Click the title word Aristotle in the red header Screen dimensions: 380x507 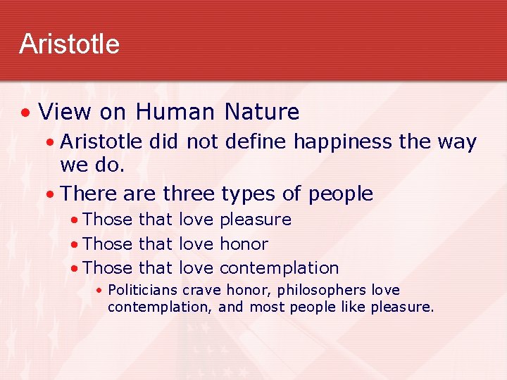pos(69,44)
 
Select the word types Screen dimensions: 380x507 pos(245,194)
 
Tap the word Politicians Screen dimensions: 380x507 pos(144,291)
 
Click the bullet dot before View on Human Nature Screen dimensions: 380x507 pos(25,113)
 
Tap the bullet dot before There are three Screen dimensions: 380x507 pos(49,194)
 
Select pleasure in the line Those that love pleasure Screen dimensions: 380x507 pos(256,220)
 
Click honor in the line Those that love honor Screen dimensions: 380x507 pos(244,244)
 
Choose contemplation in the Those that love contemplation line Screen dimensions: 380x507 pos(279,268)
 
